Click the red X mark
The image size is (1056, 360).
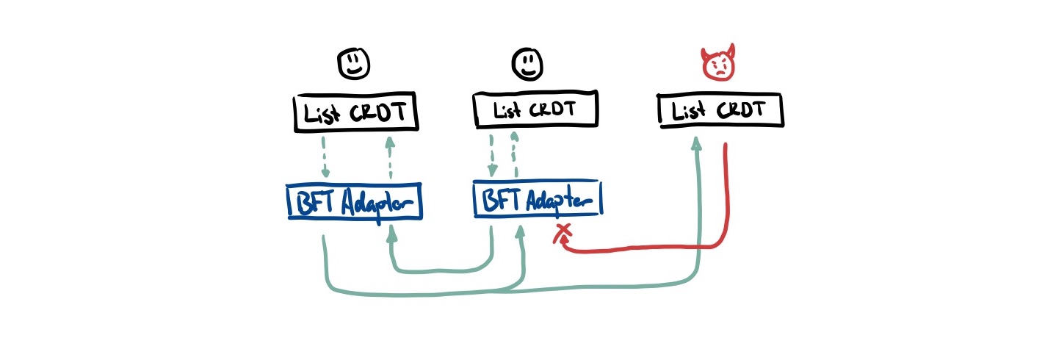tap(563, 234)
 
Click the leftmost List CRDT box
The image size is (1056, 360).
tap(356, 113)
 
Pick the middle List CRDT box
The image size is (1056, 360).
tap(535, 111)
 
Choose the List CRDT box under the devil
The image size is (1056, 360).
tap(720, 112)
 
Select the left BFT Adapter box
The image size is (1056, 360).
tap(354, 201)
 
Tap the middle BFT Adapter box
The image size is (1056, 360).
tap(537, 199)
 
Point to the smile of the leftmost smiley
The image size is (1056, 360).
tap(353, 70)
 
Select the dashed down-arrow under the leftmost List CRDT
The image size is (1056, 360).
tap(324, 158)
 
